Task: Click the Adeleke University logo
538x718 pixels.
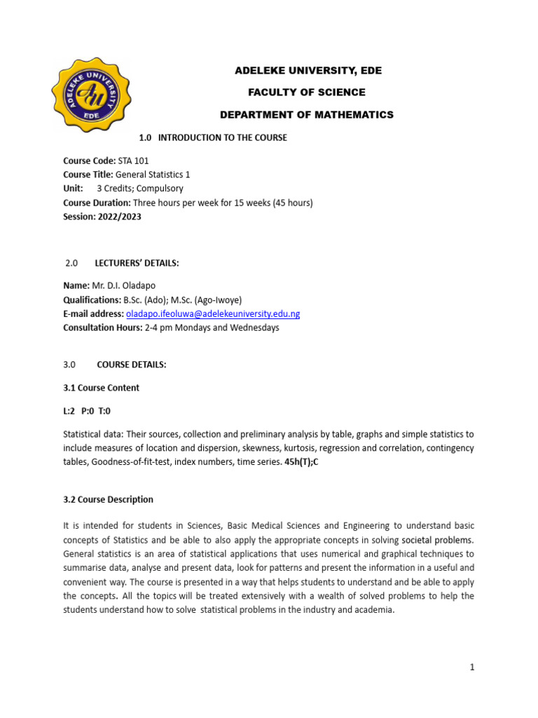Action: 89,93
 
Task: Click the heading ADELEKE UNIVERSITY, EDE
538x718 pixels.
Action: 308,71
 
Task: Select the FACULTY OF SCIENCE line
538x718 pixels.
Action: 308,93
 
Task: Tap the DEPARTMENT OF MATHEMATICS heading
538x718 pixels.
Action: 307,114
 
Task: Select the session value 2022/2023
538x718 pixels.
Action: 120,217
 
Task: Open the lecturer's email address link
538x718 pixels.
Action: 212,313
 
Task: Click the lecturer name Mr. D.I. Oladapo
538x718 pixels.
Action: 128,285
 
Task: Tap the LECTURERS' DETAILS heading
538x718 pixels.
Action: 137,263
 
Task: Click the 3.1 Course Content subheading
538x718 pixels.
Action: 101,388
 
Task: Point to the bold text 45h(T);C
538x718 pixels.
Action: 298,461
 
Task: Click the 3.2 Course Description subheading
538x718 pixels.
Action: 108,500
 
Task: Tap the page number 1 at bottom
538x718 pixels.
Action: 472,668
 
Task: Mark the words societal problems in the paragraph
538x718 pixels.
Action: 438,540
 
